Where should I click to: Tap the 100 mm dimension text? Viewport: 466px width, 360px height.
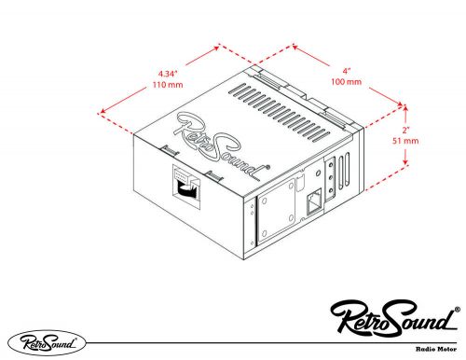[x=348, y=82]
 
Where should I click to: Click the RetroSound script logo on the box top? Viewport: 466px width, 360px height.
[x=220, y=141]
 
